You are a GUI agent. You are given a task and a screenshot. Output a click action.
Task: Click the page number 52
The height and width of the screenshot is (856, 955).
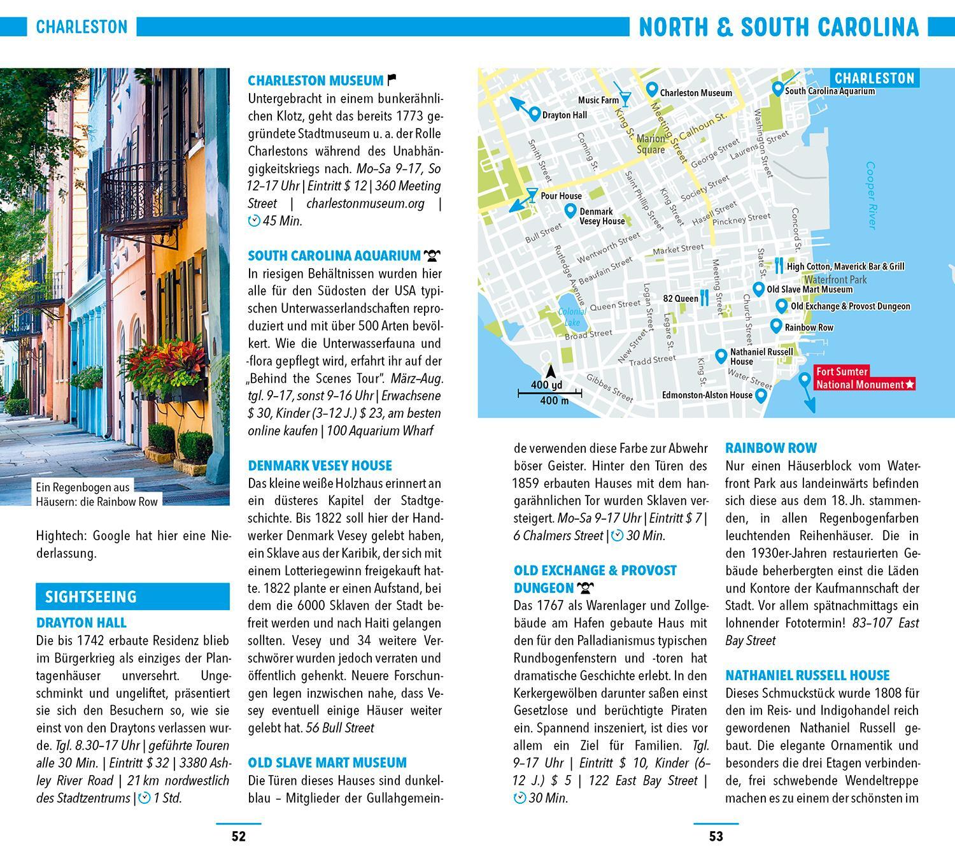coord(238,836)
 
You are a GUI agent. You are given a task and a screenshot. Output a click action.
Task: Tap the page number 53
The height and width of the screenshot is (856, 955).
coord(716,836)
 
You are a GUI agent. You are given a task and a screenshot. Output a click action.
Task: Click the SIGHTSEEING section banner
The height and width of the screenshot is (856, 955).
coord(132,597)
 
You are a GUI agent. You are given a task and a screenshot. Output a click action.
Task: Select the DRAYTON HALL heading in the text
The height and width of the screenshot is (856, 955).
coord(81,623)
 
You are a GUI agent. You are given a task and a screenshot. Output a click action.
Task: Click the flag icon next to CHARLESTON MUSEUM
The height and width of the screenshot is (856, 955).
coord(392,80)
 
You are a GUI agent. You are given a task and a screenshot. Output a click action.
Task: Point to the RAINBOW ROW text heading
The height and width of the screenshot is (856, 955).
coord(771,448)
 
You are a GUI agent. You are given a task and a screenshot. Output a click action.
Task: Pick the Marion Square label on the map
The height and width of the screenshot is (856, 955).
coord(651,145)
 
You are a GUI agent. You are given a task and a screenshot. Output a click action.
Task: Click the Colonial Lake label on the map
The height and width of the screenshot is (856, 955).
coord(572,317)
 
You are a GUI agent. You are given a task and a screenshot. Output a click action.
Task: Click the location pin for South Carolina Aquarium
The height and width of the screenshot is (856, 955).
coord(777,89)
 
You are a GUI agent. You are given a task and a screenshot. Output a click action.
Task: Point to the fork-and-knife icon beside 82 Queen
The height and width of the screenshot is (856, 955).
coord(704,297)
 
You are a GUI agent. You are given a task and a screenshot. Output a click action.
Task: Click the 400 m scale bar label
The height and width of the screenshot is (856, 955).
coord(554,401)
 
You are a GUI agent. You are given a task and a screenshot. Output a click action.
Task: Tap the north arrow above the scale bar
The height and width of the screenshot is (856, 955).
coord(551,372)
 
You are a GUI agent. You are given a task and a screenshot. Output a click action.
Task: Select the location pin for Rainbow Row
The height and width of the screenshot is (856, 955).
coord(775,326)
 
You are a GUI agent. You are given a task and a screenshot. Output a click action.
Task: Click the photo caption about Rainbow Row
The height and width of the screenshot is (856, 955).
coord(97,494)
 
